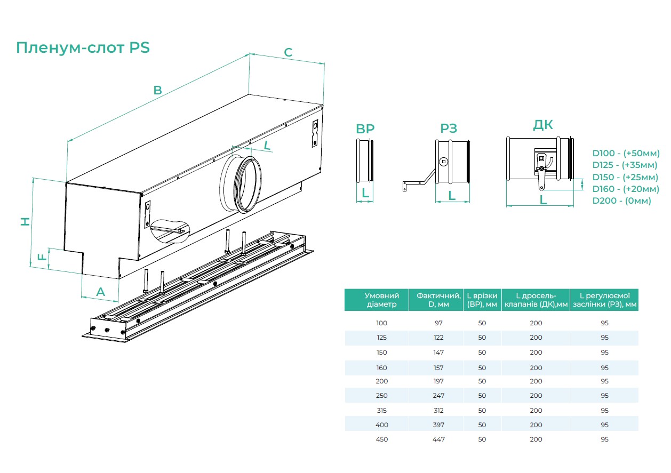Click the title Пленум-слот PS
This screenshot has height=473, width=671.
[x=83, y=48]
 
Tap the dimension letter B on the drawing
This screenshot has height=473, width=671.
[x=157, y=90]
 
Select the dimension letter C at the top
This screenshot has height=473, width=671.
[x=288, y=52]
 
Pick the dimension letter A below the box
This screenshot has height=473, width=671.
[x=100, y=292]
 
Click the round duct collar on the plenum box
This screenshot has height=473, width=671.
[x=241, y=181]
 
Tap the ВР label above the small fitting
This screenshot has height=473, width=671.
[x=365, y=129]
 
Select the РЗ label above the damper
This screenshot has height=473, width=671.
[x=449, y=129]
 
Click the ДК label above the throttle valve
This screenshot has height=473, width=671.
[x=543, y=125]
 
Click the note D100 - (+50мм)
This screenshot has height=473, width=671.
[x=625, y=153]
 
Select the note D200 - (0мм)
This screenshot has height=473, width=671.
[x=621, y=201]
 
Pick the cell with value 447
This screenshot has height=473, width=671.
[x=438, y=439]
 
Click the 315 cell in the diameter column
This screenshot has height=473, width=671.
[x=381, y=411]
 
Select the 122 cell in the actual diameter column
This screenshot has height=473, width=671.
[x=438, y=338]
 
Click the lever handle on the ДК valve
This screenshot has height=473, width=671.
[x=541, y=179]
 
